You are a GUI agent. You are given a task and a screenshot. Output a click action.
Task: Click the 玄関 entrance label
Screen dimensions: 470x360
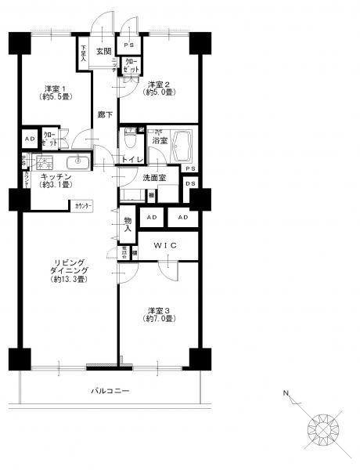coord(103,52)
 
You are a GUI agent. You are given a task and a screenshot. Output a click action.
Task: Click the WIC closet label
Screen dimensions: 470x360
coord(166,245)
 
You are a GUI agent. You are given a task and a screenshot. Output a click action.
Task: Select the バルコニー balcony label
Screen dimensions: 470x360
coord(110,390)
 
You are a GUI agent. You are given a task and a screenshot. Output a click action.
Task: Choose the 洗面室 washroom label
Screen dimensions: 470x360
coord(154,179)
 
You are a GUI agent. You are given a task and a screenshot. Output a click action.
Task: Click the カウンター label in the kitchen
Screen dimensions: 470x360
coord(83,205)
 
